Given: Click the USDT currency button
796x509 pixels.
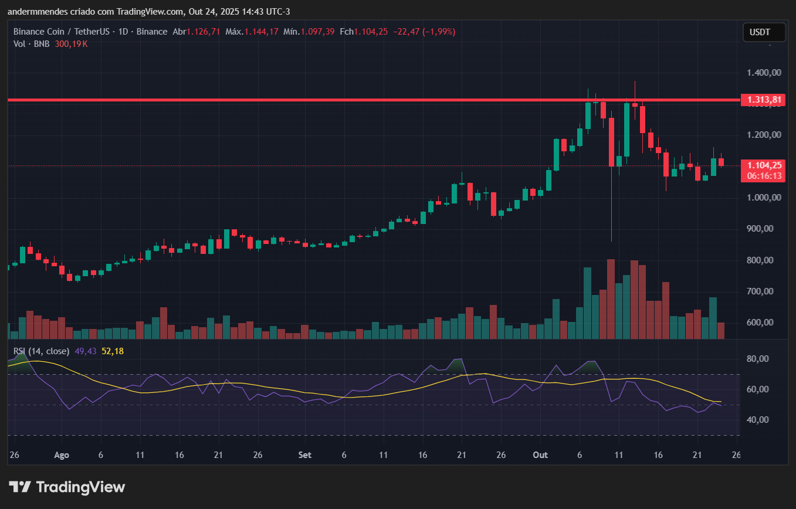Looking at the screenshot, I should (764, 32).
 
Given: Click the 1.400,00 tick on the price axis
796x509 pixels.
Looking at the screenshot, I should (764, 73).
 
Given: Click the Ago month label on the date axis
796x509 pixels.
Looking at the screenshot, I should (61, 455).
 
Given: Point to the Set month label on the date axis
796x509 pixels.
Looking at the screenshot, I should (304, 455).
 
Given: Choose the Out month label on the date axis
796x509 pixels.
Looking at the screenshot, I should (540, 455).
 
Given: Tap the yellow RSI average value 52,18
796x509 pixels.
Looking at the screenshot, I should (113, 351).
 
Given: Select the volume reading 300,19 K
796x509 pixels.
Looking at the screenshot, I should (71, 44).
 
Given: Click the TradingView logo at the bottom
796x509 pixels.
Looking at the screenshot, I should (67, 487).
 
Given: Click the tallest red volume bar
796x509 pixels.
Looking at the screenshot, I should (611, 299).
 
